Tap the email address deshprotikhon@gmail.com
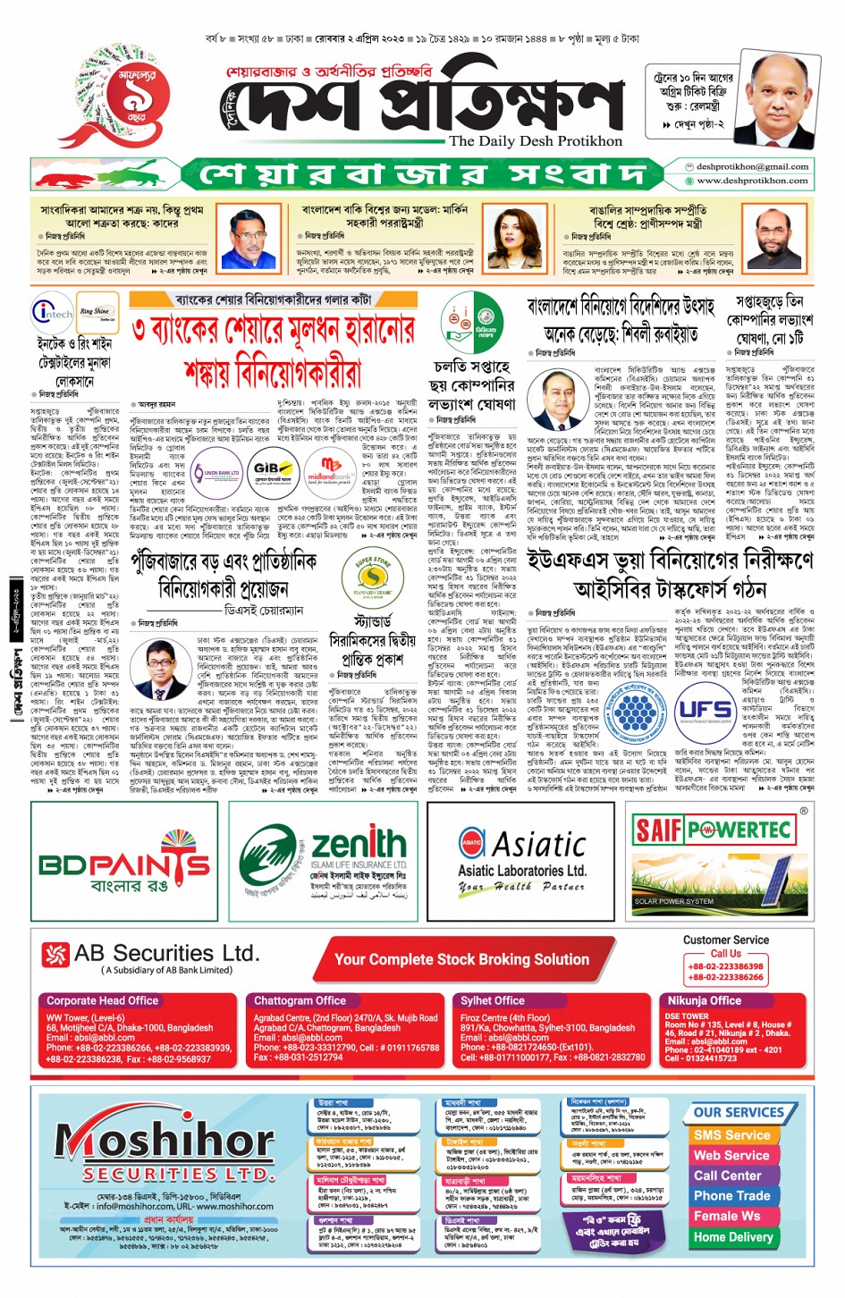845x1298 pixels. point(752,166)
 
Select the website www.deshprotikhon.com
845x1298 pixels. point(752,180)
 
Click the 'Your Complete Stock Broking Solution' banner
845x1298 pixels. point(461,959)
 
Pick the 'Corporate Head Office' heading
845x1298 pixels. point(102,1000)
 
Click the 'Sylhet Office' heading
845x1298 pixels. point(493,1000)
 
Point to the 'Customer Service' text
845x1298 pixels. point(725,940)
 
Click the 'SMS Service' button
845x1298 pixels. point(731,1135)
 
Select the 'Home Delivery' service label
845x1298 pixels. point(732,1237)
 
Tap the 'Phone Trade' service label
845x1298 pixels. point(731,1195)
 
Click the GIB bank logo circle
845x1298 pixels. point(273,468)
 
